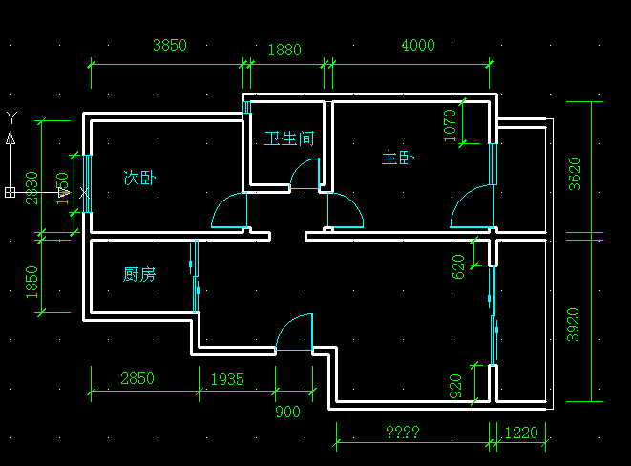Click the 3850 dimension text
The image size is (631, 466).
pos(170,45)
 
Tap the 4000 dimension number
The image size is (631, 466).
pos(418,45)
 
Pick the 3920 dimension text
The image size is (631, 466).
pos(574,325)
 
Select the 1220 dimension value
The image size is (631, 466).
pos(520,433)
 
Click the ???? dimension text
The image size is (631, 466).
pos(403,433)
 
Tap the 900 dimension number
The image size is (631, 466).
pos(287,412)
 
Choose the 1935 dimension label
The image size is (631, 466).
pos(227,379)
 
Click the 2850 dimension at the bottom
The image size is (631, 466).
pos(137,379)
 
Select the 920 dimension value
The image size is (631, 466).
pos(455,386)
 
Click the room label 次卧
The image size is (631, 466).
pos(139,178)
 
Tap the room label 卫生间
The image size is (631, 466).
pos(289,138)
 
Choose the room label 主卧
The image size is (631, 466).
pos(397,159)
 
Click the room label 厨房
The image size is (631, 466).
pos(139,275)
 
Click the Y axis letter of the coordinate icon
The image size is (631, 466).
pos(11,117)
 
